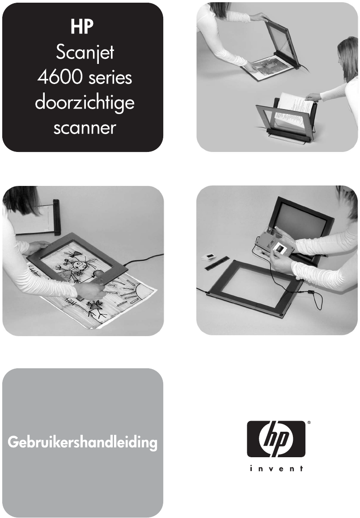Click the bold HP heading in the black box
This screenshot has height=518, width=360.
(x=82, y=27)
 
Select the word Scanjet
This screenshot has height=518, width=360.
(x=85, y=53)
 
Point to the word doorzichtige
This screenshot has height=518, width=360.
(x=85, y=103)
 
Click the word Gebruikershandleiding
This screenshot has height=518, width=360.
(x=82, y=442)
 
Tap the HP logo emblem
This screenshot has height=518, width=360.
(x=276, y=439)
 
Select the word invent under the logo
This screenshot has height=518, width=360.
(x=276, y=468)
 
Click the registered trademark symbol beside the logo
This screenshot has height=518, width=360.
(x=309, y=422)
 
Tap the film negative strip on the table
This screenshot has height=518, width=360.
(x=217, y=262)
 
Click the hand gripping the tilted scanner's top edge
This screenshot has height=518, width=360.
(x=258, y=17)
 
